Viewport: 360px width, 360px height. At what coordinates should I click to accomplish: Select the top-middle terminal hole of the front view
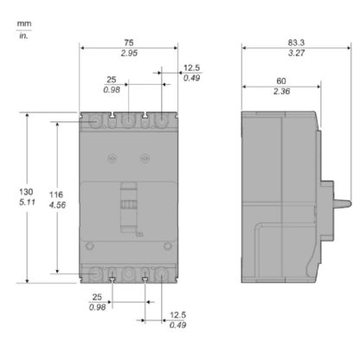pos(128,124)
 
